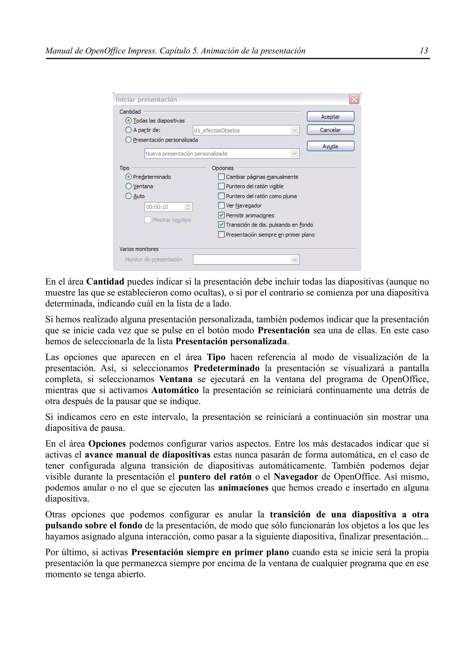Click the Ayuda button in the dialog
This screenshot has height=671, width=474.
point(330,146)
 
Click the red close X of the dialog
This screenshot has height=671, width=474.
point(354,99)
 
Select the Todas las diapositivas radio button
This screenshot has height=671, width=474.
point(128,120)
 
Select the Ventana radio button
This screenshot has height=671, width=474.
point(128,186)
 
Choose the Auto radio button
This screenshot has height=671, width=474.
point(128,196)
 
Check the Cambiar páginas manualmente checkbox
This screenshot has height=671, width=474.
point(221,177)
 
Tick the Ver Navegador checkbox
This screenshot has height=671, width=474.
point(221,205)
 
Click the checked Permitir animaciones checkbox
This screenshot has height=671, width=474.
point(221,215)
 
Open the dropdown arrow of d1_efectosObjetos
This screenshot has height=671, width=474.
point(294,130)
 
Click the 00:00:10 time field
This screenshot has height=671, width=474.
point(165,207)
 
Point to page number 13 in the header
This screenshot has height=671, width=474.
point(424,51)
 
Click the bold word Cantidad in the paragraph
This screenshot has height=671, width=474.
point(105,282)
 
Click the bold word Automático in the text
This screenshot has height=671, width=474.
point(175,390)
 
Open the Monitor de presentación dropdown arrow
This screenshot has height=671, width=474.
point(294,260)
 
